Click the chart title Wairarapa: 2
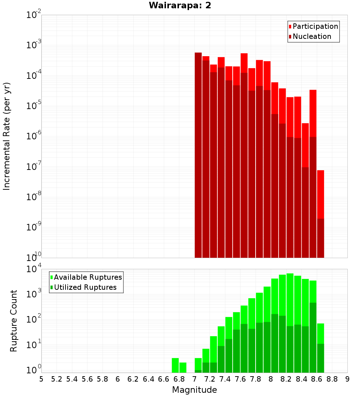coord(180,6)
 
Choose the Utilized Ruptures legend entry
coord(85,287)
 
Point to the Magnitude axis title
coord(194,390)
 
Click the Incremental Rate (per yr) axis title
coord(7,136)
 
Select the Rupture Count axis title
coord(13,321)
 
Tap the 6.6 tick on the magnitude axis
coord(164,379)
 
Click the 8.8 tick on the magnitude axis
coord(332,379)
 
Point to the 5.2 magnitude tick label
coord(57,379)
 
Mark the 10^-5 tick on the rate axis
coord(34,106)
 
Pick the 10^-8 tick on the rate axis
coord(34,197)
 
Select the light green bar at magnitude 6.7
coord(175,365)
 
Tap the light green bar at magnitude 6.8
coord(183,367)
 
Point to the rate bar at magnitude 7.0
coord(198,155)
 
